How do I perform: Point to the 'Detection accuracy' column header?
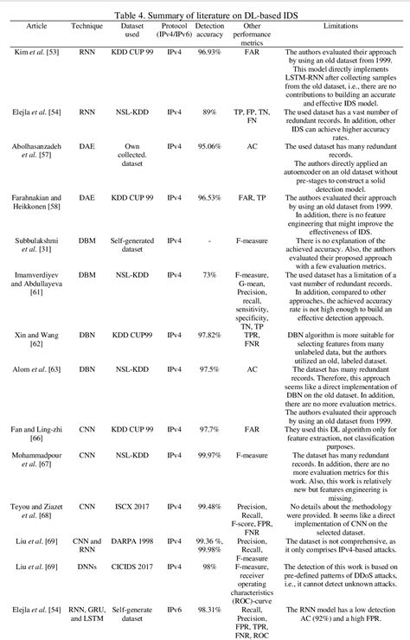(211, 32)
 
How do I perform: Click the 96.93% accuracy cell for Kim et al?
(211, 53)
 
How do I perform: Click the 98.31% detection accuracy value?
(211, 611)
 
